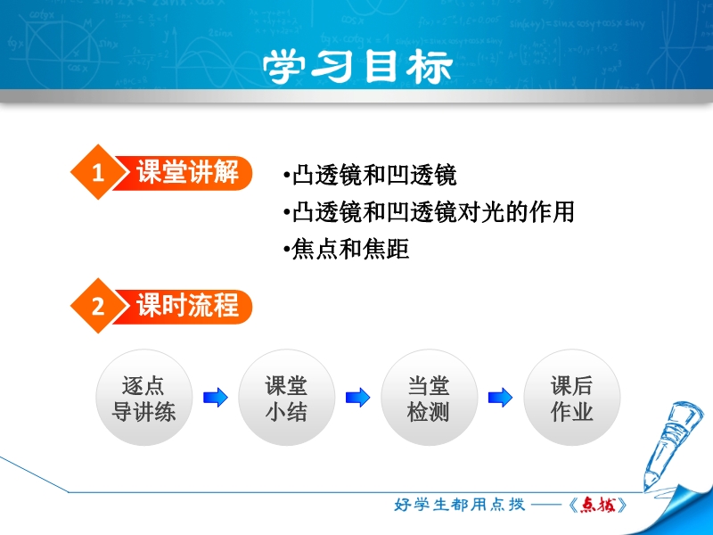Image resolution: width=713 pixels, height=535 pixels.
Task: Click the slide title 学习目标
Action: coord(357,66)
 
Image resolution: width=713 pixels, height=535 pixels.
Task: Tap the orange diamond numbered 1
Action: coord(98,172)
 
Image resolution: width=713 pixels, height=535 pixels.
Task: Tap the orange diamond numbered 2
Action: coord(98,306)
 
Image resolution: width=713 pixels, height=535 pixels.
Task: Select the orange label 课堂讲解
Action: coord(187,172)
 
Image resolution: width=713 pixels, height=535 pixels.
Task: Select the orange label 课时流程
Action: coord(187,306)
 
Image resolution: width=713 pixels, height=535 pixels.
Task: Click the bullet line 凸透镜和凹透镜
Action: coord(370,175)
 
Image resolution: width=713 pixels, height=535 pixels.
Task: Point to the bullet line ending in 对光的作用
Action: coord(429,212)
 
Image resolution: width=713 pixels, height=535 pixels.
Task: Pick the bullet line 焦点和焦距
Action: coord(346,249)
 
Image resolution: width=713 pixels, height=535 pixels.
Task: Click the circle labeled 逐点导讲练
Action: coord(143,397)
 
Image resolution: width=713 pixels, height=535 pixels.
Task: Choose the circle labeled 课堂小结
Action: coord(286,397)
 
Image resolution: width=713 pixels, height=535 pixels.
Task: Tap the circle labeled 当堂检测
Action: coord(429,397)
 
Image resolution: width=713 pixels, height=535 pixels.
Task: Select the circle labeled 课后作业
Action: coord(571,397)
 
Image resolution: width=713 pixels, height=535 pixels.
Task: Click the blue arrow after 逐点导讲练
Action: coord(215,397)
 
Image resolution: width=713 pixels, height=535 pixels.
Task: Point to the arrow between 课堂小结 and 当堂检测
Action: coord(358,397)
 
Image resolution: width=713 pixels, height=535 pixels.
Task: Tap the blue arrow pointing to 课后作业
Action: coord(500,397)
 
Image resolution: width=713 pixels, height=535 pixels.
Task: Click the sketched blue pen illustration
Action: coord(672,443)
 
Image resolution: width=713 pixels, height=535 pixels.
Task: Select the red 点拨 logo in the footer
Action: coord(598,505)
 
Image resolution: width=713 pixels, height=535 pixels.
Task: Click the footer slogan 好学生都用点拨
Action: coord(459,505)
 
